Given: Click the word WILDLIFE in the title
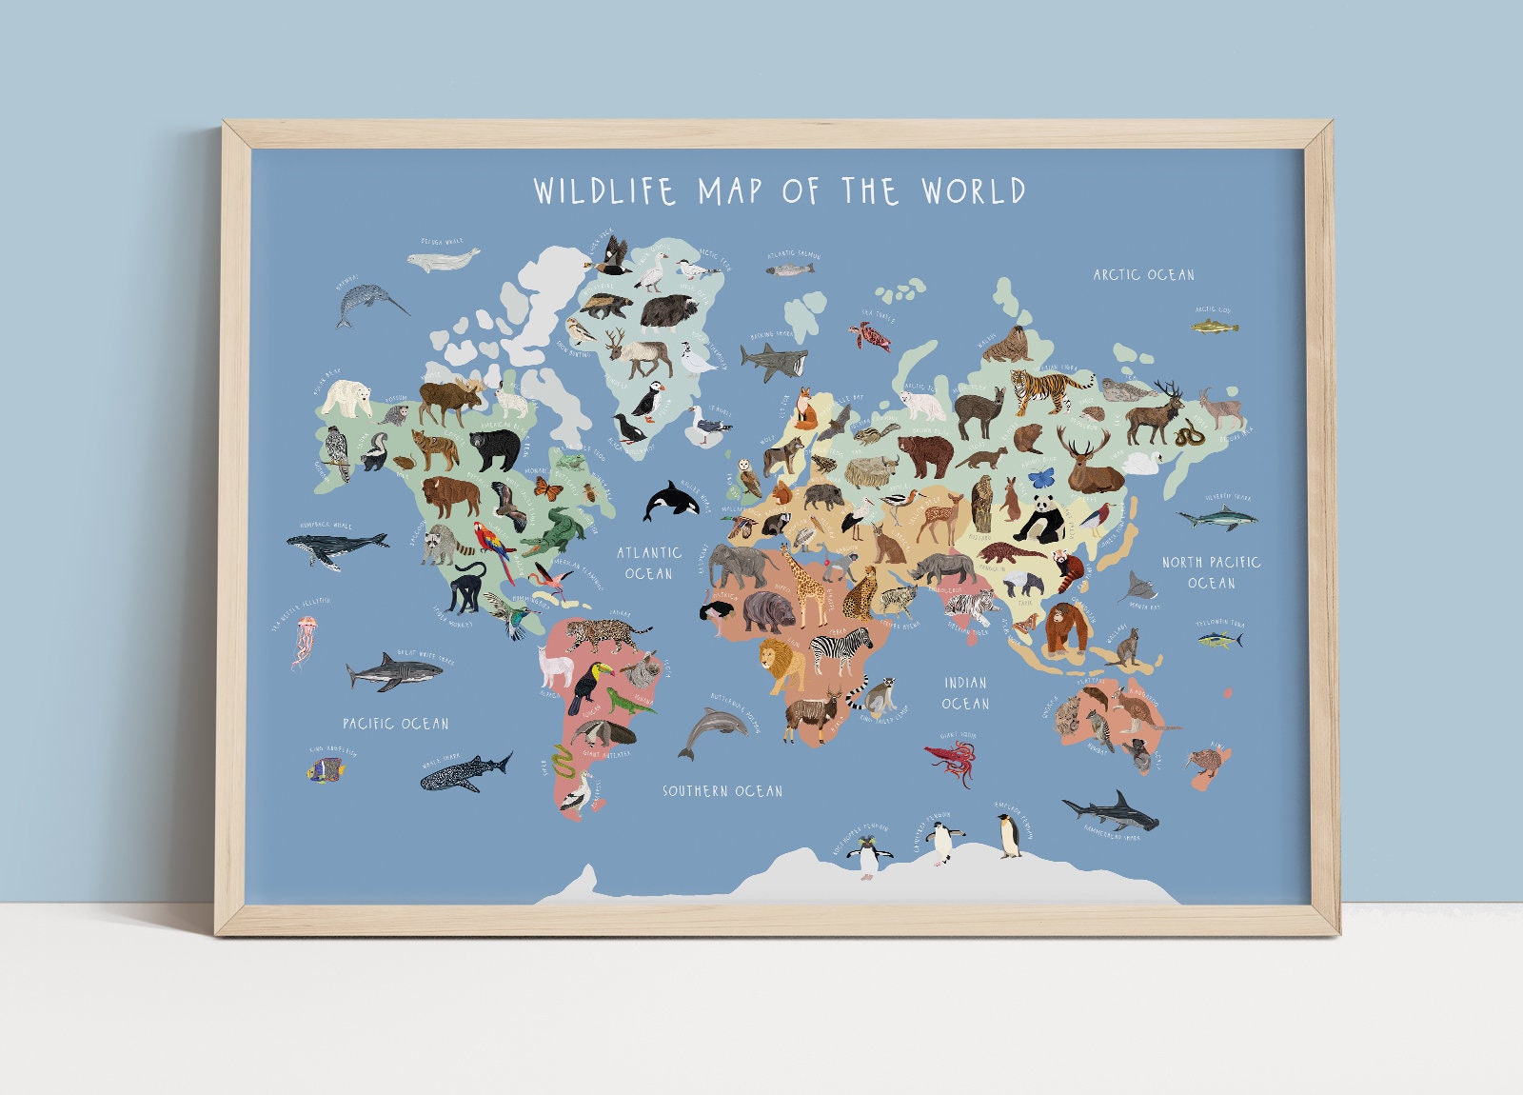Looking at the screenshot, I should point(605,190).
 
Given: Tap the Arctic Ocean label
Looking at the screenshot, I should point(1143,275).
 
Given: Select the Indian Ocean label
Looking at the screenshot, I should point(965,693).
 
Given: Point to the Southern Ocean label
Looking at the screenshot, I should point(722,791).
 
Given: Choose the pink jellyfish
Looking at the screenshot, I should point(306,639).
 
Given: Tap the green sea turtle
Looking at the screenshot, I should point(871,334).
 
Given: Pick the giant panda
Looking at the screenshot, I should point(1039,521).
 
